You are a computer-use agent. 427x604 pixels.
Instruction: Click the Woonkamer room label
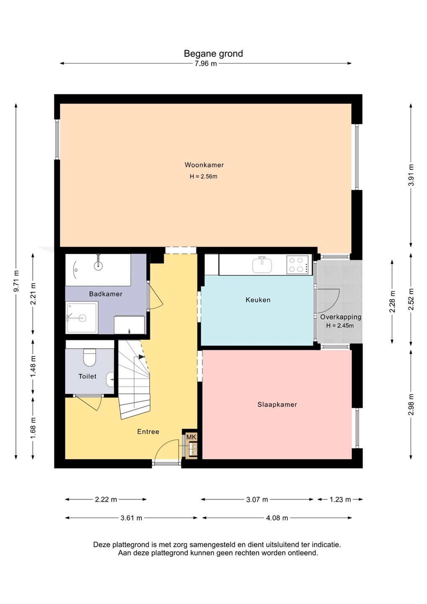[x=204, y=165]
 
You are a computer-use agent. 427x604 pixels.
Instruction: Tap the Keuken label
[x=258, y=299]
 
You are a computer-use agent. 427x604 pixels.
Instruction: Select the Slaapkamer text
[x=277, y=404]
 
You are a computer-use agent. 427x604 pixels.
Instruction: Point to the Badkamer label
[x=106, y=294]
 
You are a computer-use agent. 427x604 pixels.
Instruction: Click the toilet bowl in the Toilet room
[x=89, y=357]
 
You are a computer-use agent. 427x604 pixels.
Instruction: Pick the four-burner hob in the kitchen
[x=297, y=265]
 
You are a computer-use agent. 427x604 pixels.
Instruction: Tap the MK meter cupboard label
[x=191, y=437]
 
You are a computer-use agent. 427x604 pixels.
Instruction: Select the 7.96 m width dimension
[x=206, y=64]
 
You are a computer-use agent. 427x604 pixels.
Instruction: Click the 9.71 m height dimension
[x=16, y=281]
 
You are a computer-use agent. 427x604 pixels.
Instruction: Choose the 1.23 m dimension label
[x=340, y=500]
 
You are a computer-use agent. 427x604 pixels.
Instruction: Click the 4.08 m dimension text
[x=277, y=518]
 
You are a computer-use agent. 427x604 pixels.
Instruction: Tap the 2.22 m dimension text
[x=106, y=500]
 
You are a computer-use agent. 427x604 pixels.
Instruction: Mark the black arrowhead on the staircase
[x=141, y=357]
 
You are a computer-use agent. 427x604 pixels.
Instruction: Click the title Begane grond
[x=213, y=54]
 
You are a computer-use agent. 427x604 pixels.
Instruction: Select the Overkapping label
[x=341, y=317]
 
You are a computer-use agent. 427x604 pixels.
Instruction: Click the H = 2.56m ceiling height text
[x=203, y=177]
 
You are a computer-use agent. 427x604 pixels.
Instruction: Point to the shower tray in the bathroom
[x=82, y=318]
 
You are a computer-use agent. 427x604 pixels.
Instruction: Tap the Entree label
[x=148, y=432]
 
